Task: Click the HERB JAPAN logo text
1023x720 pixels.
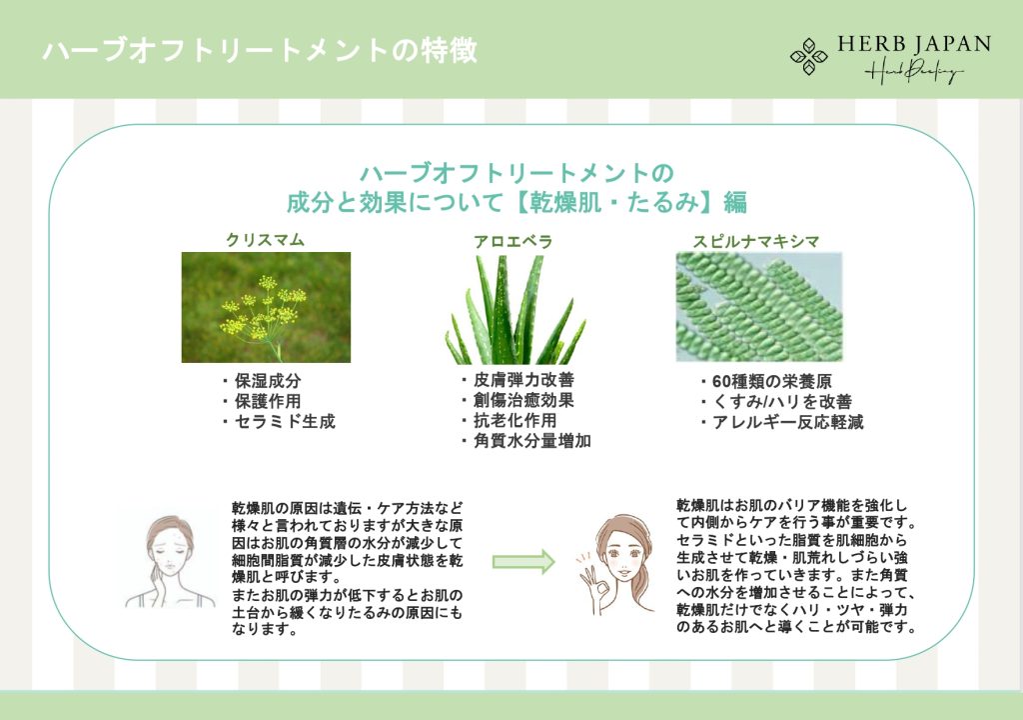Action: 914,44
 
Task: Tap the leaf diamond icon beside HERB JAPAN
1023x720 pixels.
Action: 809,56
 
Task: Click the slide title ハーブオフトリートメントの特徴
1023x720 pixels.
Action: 260,51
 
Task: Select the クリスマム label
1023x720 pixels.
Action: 265,240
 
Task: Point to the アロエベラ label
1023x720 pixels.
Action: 512,242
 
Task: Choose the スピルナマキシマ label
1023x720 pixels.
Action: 755,242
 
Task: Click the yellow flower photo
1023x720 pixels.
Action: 266,307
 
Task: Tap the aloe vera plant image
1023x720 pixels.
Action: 515,310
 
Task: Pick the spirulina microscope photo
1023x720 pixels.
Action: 759,307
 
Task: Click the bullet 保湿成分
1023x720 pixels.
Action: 261,381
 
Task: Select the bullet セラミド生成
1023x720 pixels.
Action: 278,421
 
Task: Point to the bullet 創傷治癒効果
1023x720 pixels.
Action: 517,400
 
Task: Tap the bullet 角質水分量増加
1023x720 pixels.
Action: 525,441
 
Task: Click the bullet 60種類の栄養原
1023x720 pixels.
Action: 765,382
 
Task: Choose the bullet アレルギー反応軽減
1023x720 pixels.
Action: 781,422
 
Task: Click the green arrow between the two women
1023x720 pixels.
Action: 523,562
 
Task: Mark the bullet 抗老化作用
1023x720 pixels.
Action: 509,420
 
